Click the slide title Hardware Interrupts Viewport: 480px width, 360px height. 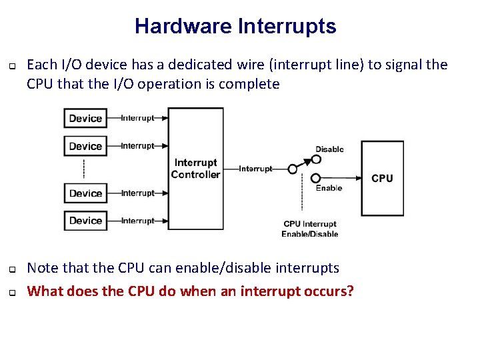(235, 27)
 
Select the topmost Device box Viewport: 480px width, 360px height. (85, 119)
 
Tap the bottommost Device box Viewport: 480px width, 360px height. (85, 221)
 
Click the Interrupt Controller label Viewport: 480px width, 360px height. (195, 169)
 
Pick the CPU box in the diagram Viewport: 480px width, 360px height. (382, 178)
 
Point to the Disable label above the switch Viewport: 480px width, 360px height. (329, 149)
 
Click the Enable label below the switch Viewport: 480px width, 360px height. (329, 188)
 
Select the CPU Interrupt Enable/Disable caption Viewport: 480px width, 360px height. (310, 229)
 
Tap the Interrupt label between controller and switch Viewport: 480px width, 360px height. (255, 169)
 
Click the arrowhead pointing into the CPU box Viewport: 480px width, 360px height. (357, 178)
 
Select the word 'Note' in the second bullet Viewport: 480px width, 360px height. (43, 268)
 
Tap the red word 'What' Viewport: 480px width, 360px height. (45, 291)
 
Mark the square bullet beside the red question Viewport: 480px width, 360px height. (13, 292)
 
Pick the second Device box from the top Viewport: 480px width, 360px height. (85, 146)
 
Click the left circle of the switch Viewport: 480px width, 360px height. (292, 169)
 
